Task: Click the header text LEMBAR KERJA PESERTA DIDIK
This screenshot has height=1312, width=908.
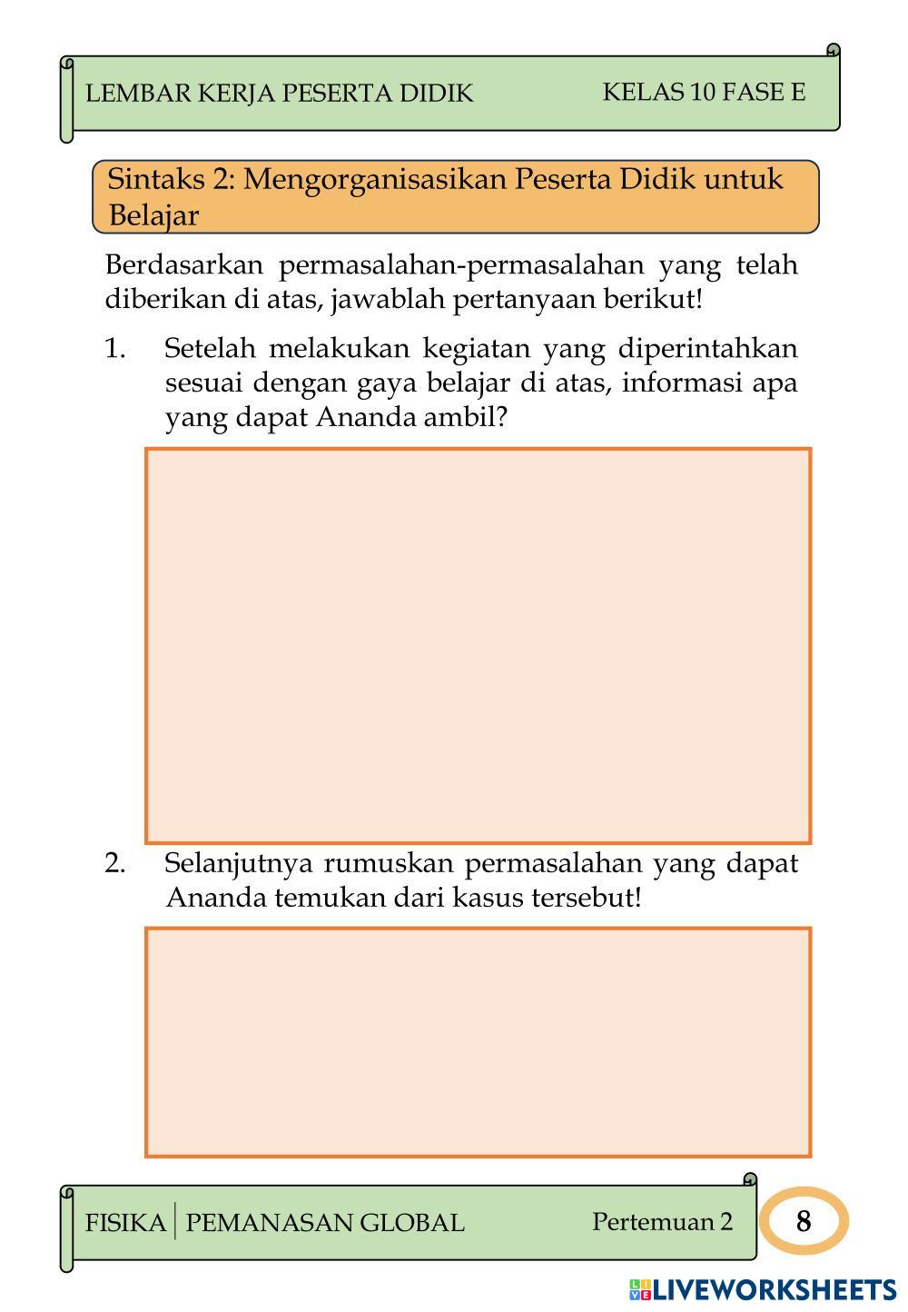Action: (279, 94)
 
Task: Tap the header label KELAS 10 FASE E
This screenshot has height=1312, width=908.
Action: (704, 92)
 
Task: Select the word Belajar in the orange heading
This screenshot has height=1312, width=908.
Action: (153, 216)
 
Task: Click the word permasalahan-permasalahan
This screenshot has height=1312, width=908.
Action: (460, 265)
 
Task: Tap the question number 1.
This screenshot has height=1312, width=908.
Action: (114, 349)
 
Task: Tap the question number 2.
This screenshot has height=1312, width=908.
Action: (114, 863)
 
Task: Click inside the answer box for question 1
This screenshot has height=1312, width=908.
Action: (478, 645)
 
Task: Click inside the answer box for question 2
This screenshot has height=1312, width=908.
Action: (478, 1042)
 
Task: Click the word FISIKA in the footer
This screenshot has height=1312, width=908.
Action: (125, 1223)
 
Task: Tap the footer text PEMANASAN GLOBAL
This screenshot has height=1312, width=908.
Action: (324, 1223)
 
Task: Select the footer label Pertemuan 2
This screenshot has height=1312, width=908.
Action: (662, 1222)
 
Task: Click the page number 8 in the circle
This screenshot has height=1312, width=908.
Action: (803, 1222)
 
